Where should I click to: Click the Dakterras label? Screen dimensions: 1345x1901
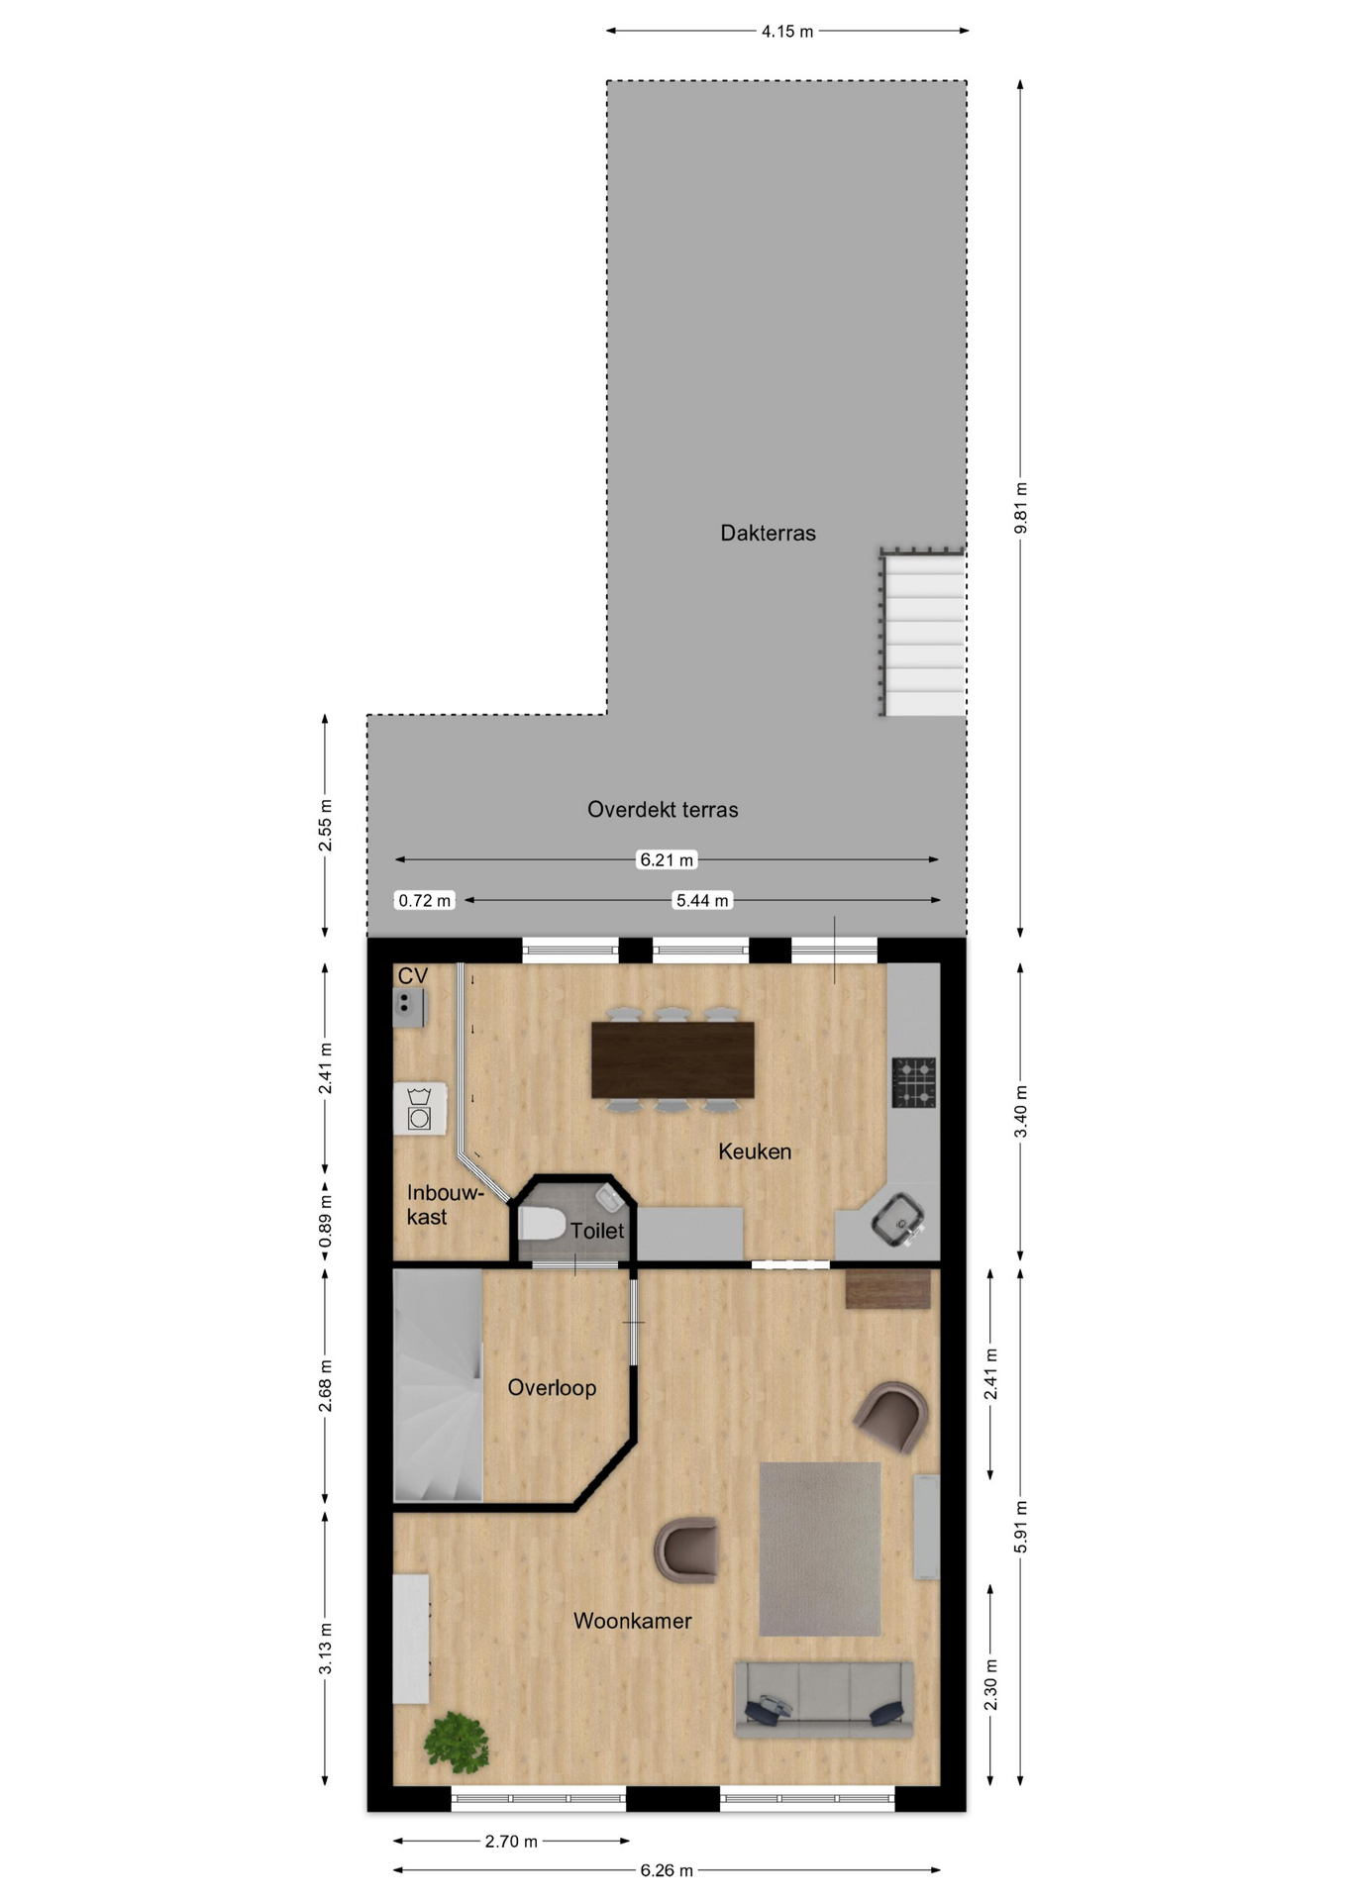(x=768, y=533)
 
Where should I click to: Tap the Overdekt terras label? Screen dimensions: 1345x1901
(x=663, y=809)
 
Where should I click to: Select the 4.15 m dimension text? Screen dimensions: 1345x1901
(x=787, y=32)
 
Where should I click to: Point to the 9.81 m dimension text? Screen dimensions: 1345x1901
(x=1021, y=508)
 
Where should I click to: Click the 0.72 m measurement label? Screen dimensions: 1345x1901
(x=424, y=900)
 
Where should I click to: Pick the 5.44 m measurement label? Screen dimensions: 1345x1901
(x=702, y=900)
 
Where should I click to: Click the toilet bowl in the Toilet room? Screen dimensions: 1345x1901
(x=541, y=1224)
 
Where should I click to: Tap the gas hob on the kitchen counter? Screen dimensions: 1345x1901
(x=914, y=1082)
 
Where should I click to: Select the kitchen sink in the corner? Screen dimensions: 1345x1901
(x=898, y=1220)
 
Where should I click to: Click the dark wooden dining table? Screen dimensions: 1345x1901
(x=672, y=1059)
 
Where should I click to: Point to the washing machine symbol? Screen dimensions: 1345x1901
(x=420, y=1108)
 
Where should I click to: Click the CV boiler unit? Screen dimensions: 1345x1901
(x=409, y=1007)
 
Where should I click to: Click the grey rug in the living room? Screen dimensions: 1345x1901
(x=820, y=1549)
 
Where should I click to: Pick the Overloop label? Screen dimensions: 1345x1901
(x=552, y=1387)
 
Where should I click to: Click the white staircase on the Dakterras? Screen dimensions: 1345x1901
(x=924, y=635)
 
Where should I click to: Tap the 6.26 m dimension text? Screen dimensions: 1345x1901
(x=667, y=1870)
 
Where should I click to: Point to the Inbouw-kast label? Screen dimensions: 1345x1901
(x=445, y=1205)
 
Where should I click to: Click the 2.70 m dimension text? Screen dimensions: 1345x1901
(x=511, y=1842)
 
